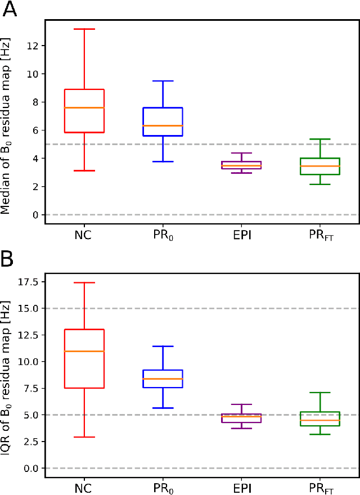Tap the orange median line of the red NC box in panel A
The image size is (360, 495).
pyautogui.click(x=84, y=107)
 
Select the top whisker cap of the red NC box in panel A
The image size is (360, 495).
pyautogui.click(x=84, y=29)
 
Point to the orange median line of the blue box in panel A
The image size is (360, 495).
pyautogui.click(x=163, y=125)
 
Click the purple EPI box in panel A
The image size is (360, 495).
pyautogui.click(x=241, y=165)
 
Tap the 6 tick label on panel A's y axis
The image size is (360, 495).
pyautogui.click(x=34, y=130)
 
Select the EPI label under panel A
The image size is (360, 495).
pyautogui.click(x=241, y=235)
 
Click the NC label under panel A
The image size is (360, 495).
pyautogui.click(x=84, y=235)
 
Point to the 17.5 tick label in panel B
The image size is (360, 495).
pyautogui.click(x=26, y=282)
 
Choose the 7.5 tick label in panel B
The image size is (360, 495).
pyautogui.click(x=29, y=388)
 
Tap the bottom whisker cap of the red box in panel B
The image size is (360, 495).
pyautogui.click(x=84, y=437)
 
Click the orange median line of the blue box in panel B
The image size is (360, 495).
pyautogui.click(x=163, y=379)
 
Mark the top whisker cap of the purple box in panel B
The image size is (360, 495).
pyautogui.click(x=241, y=404)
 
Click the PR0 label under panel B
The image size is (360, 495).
pyautogui.click(x=163, y=487)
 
